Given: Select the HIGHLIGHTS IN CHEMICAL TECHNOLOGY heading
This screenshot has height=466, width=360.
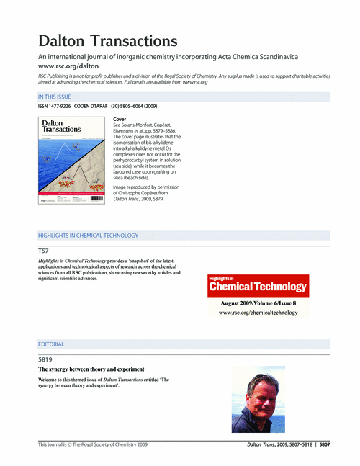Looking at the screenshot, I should (x=88, y=236).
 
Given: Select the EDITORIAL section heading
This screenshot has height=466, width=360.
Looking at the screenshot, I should (x=51, y=345).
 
